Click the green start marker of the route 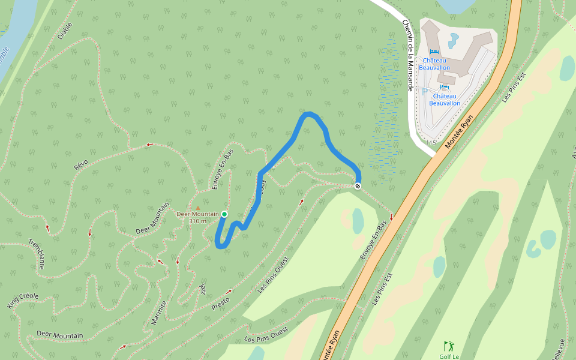coord(224,214)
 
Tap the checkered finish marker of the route coord(358,186)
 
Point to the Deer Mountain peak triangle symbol coord(197,208)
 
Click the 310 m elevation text coord(197,221)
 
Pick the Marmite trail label coord(158,312)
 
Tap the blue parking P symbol coord(424,92)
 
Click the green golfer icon coord(448,346)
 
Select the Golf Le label coord(449,356)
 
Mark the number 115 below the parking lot coord(430,143)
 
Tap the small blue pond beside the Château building coord(454,41)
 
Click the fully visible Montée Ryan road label coord(459,131)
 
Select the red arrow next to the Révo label coord(149,144)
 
